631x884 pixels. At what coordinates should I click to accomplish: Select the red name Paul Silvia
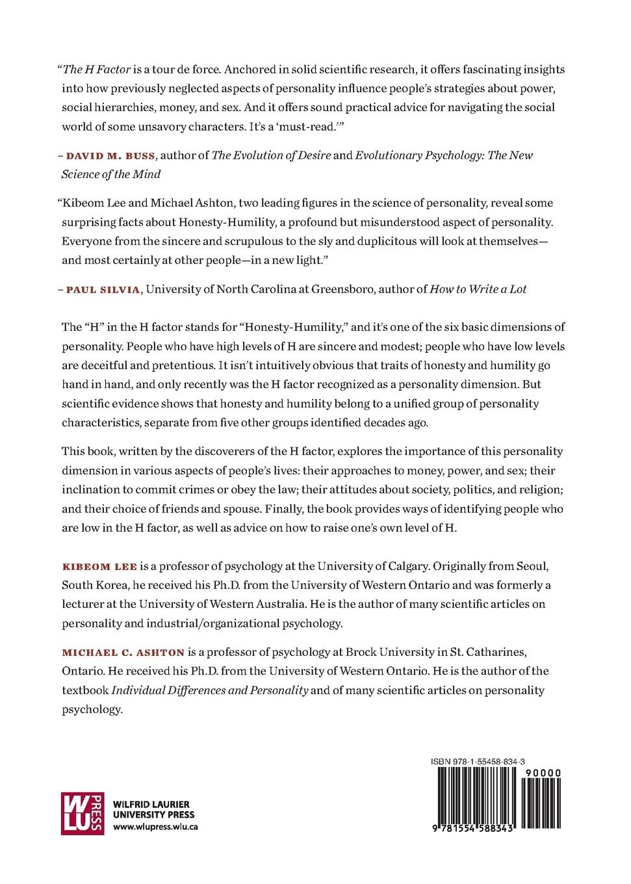103,290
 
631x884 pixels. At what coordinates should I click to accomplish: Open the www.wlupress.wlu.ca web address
155,827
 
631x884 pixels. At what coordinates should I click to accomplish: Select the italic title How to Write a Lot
478,289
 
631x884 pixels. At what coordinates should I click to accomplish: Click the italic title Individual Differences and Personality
210,690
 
